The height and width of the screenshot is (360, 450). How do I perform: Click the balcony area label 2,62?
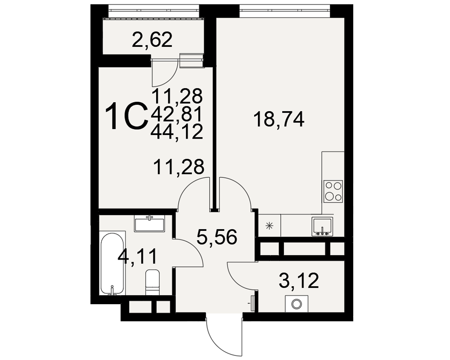point(152,40)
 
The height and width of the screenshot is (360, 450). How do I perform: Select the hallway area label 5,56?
point(217,237)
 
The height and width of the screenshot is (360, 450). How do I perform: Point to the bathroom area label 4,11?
point(137,256)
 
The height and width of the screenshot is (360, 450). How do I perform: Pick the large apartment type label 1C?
point(126,117)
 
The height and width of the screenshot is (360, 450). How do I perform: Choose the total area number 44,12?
point(177,132)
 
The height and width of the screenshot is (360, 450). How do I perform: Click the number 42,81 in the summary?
point(177,114)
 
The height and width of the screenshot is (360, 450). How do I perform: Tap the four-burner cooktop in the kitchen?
point(333,191)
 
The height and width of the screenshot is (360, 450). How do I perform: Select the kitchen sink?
point(323,227)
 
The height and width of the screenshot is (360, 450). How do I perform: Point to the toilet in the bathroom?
point(153,282)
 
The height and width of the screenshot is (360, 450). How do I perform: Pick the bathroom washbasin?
point(149,224)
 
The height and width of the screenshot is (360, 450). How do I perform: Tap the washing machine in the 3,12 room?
point(297,303)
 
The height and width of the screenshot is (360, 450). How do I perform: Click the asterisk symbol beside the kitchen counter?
point(269,226)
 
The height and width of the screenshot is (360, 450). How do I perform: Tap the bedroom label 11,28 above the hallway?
point(179,167)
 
